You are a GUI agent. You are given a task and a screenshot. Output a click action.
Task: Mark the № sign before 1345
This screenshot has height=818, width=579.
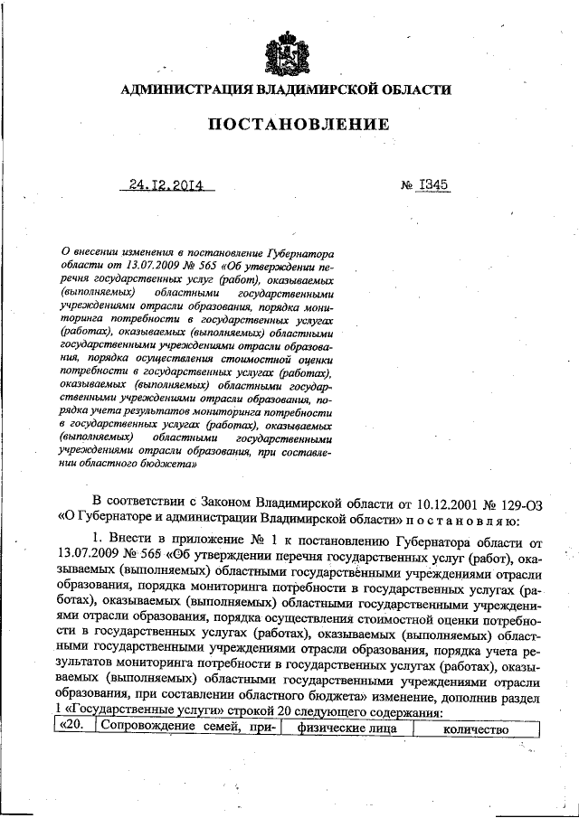click(x=406, y=185)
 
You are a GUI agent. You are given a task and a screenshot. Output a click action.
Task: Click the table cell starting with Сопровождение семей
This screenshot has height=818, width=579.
click(x=186, y=729)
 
